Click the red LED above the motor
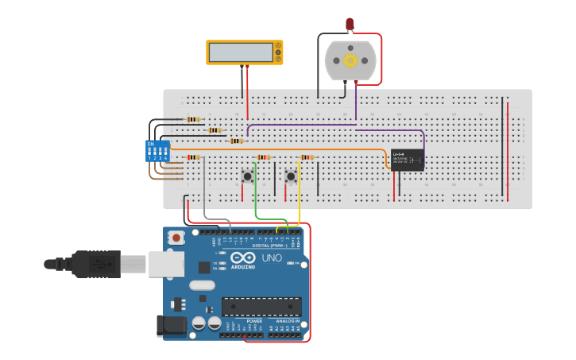pos(350,25)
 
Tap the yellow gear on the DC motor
pos(350,60)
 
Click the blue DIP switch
pos(157,150)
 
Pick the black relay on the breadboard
pos(407,160)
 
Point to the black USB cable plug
pos(96,264)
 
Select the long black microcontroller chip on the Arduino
pos(261,306)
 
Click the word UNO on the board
pos(272,257)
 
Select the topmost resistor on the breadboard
pos(192,119)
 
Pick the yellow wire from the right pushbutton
pos(299,203)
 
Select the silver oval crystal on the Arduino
pos(202,285)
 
